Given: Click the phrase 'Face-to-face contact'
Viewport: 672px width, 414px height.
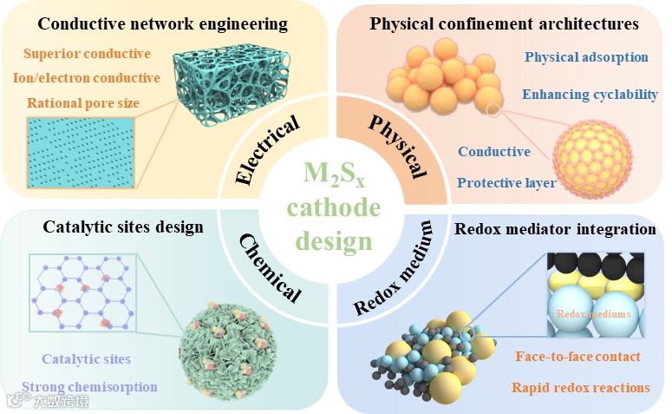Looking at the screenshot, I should (577, 356).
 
